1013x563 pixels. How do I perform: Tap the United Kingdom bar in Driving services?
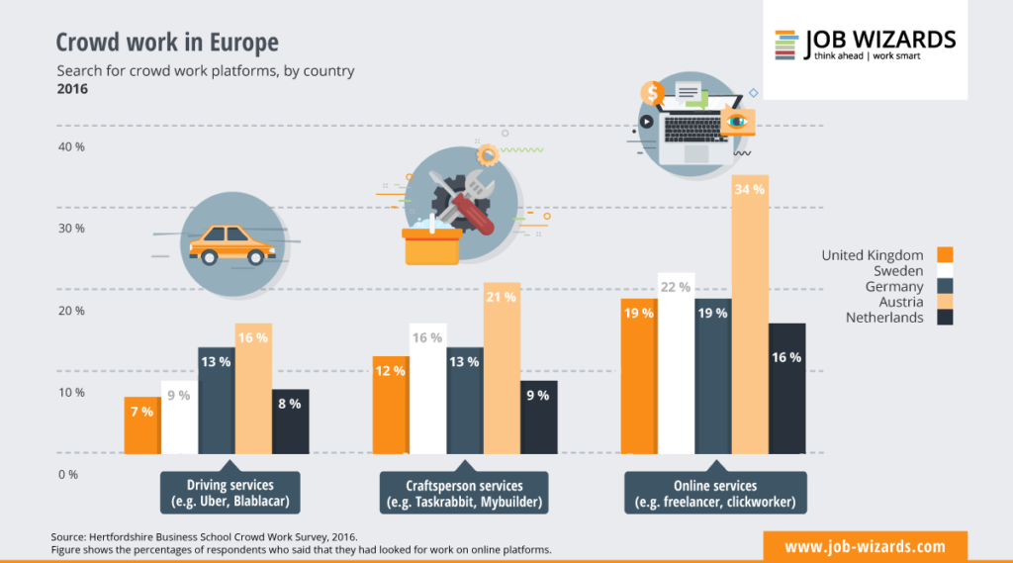pos(141,424)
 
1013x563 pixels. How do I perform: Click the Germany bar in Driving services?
pos(216,400)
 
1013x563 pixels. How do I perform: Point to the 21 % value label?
pos(503,296)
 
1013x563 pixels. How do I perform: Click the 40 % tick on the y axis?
pos(72,146)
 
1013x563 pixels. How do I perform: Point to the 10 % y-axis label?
pos(72,393)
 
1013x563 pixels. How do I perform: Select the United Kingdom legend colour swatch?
pos(945,255)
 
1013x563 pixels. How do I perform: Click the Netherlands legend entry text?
pos(884,318)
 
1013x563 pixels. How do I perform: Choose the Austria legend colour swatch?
pos(945,302)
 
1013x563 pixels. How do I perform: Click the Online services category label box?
pos(714,493)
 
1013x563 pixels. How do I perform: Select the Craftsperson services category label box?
pos(465,493)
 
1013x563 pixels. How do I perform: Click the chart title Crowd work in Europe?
pos(167,43)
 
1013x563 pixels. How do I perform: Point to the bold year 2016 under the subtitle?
pos(72,89)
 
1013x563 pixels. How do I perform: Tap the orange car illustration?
pos(231,243)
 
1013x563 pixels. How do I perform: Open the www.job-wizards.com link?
pos(865,546)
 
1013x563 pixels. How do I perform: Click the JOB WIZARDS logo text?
pos(880,41)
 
